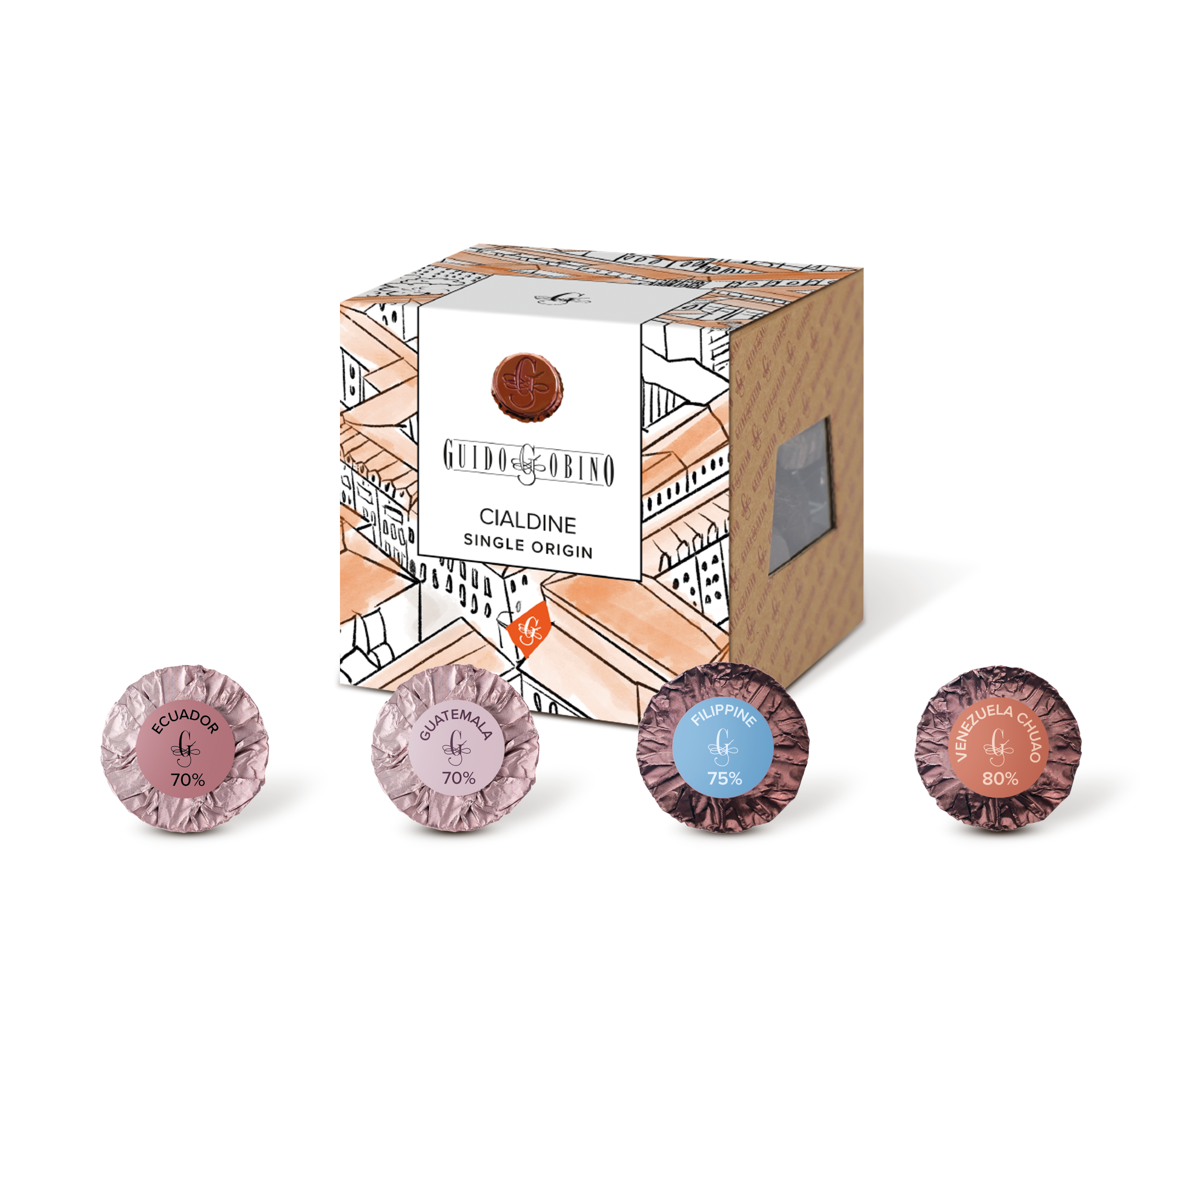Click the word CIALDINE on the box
point(527,521)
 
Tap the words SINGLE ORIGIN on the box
point(527,547)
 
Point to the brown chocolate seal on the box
point(526,387)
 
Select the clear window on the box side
point(800,495)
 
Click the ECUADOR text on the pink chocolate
point(185,722)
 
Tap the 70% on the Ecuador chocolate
point(188,779)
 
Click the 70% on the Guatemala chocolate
point(459,778)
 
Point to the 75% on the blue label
point(724,778)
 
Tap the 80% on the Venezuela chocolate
point(1000,778)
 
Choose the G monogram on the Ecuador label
point(185,748)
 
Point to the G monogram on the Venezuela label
point(999,747)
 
